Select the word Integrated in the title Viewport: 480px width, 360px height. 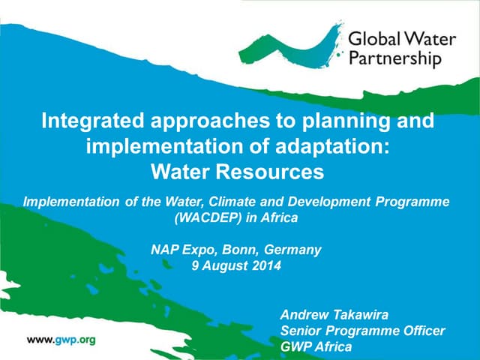(x=91, y=121)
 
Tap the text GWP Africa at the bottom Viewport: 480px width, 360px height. (x=315, y=346)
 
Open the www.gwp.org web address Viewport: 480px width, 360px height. (x=61, y=340)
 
